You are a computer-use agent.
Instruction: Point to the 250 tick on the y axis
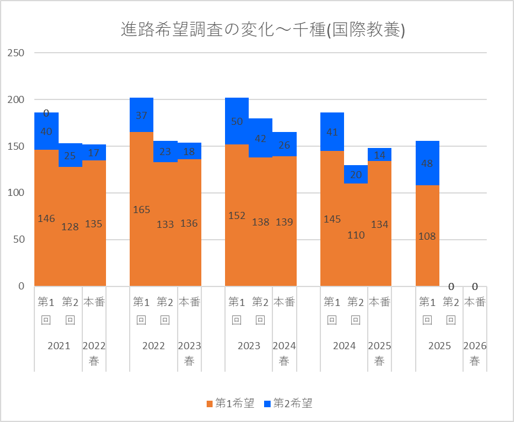[x=16, y=53]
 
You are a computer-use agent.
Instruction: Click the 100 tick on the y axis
[x=16, y=193]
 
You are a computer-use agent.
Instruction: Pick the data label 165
[x=141, y=210]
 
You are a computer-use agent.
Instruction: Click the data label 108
[x=427, y=236]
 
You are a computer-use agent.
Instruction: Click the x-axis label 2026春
[x=475, y=353]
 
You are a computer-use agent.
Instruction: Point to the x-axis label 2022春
[x=94, y=353]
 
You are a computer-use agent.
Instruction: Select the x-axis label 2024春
[x=284, y=353]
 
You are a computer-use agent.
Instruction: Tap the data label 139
[x=284, y=222]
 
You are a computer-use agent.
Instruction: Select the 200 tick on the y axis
[x=16, y=99]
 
